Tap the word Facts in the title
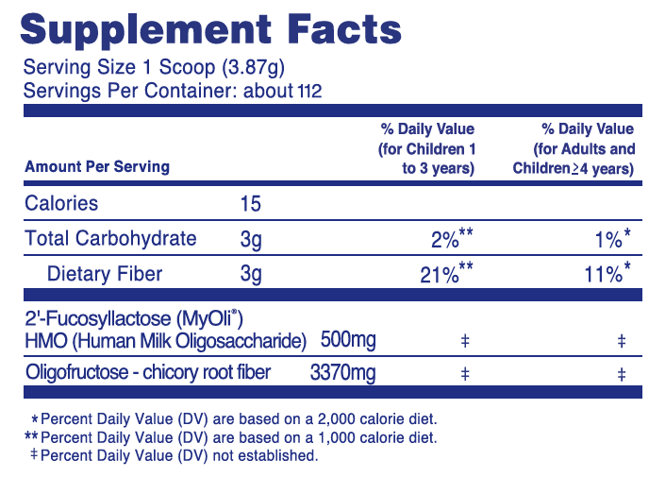[344, 28]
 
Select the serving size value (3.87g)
[254, 68]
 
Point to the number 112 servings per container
[309, 92]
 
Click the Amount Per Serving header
[97, 166]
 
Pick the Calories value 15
[250, 203]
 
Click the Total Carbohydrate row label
[110, 238]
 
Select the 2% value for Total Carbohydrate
[444, 240]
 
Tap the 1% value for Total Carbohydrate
[608, 240]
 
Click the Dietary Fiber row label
[105, 274]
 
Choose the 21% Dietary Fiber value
[440, 274]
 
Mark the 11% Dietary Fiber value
[603, 274]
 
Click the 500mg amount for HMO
[348, 339]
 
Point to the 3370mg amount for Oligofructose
[343, 372]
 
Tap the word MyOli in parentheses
[209, 318]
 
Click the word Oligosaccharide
[239, 341]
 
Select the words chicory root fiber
[207, 372]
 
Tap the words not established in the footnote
[265, 455]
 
